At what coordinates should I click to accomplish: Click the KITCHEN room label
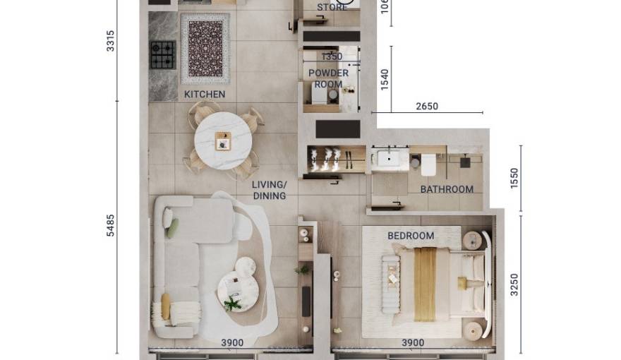pyautogui.click(x=205, y=95)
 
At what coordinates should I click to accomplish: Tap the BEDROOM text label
pyautogui.click(x=411, y=236)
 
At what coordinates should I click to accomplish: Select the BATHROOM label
pyautogui.click(x=447, y=189)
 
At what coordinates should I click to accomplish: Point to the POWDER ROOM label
pyautogui.click(x=328, y=78)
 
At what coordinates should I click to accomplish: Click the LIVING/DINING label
pyautogui.click(x=269, y=190)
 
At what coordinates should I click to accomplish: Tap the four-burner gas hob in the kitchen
pyautogui.click(x=163, y=54)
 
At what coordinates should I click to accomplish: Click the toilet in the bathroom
pyautogui.click(x=428, y=164)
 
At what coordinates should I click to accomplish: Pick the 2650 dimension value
pyautogui.click(x=426, y=107)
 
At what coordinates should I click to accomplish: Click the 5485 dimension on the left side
pyautogui.click(x=110, y=225)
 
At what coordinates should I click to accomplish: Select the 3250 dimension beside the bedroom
pyautogui.click(x=514, y=284)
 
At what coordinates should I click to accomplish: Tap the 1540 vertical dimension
pyautogui.click(x=385, y=80)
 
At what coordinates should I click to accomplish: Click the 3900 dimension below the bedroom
pyautogui.click(x=412, y=343)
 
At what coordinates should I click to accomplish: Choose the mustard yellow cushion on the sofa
pyautogui.click(x=166, y=306)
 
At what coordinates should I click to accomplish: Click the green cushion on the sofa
pyautogui.click(x=172, y=227)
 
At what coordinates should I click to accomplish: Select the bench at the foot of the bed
pyautogui.click(x=391, y=278)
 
